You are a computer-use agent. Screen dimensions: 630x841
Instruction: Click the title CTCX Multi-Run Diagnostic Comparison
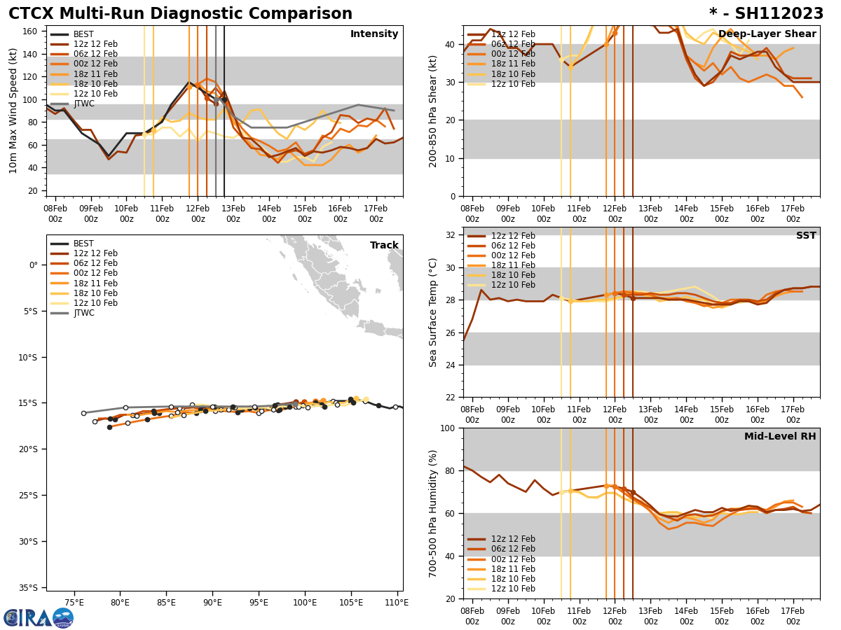coord(180,14)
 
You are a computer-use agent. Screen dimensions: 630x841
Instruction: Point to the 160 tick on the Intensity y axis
coord(32,31)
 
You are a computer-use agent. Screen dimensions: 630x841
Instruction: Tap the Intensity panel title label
coord(374,34)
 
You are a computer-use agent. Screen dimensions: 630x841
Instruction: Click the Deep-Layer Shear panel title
coord(767,34)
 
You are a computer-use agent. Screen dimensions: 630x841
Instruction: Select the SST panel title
coord(806,236)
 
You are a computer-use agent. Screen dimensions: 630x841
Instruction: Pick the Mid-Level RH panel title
coord(780,437)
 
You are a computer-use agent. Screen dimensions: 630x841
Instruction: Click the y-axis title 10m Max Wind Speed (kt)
coord(13,111)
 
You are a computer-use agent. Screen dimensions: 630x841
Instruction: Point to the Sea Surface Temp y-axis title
coord(433,312)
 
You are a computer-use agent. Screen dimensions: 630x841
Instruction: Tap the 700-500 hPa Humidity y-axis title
coord(433,513)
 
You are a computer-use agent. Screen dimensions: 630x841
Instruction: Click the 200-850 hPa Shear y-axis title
coord(433,111)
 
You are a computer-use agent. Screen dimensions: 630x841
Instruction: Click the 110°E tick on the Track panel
coord(397,603)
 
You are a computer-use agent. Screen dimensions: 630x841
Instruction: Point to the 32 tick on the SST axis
coord(451,235)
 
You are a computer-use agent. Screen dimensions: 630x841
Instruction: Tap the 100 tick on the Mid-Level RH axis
coord(449,428)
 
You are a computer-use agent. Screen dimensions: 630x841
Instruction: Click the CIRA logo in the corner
coord(38,617)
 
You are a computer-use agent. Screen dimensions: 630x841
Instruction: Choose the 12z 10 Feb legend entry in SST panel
coord(512,285)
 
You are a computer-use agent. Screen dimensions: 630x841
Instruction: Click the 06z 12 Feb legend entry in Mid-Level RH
coord(512,549)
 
